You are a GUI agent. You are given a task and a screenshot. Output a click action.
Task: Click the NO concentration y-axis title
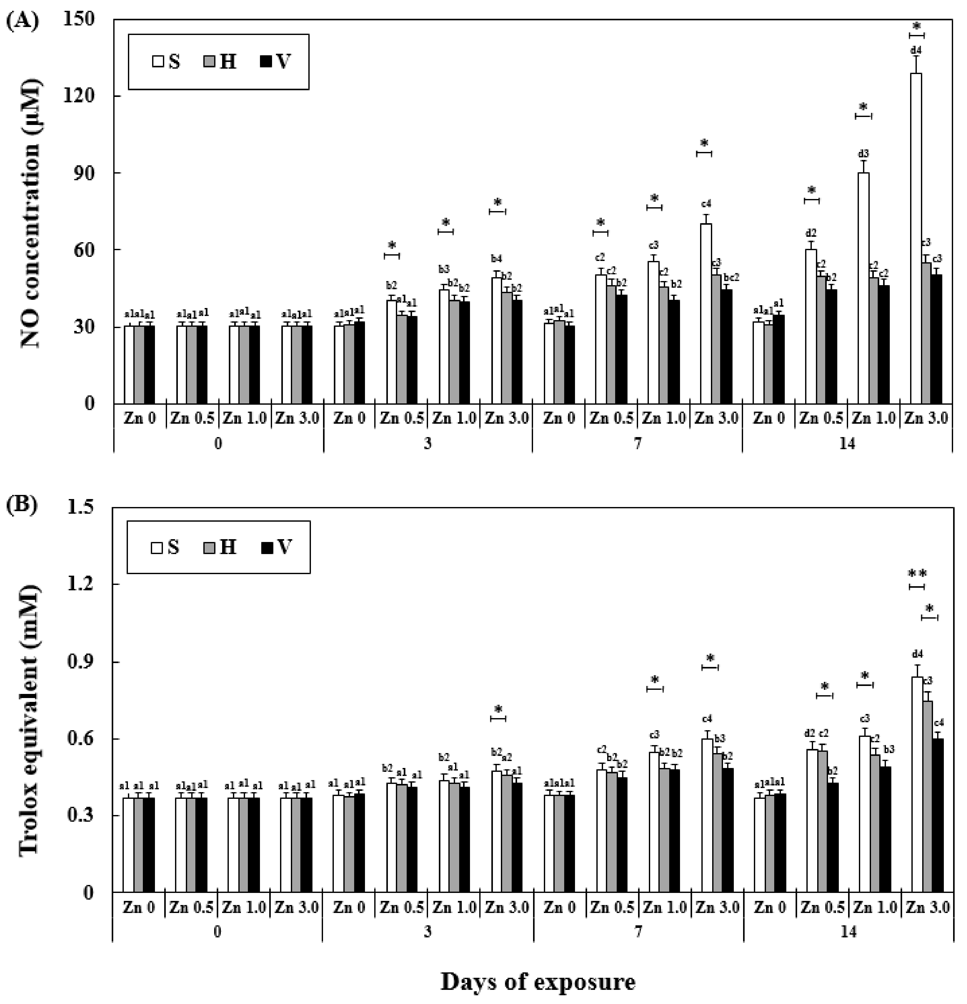tap(32, 211)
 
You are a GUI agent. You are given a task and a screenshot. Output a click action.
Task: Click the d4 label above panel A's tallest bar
tap(916, 50)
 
